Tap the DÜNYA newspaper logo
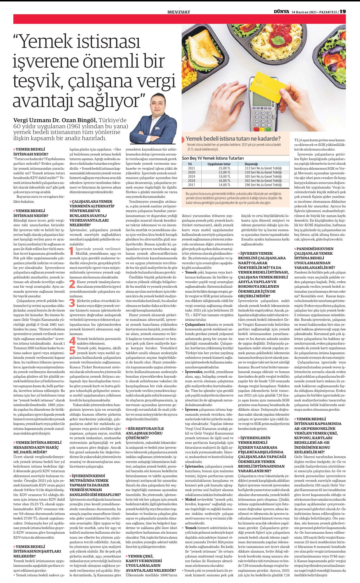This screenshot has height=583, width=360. tap(281, 12)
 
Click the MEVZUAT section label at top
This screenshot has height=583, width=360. tap(179, 12)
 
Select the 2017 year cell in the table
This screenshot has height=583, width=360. tap(191, 185)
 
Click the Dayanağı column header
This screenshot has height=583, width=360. tap(251, 164)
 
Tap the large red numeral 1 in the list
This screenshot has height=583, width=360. tap(72, 251)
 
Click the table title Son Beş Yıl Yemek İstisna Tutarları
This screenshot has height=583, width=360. tap(213, 158)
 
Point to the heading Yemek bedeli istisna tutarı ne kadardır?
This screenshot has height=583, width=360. tap(233, 139)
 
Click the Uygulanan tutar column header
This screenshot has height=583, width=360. tap(219, 164)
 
